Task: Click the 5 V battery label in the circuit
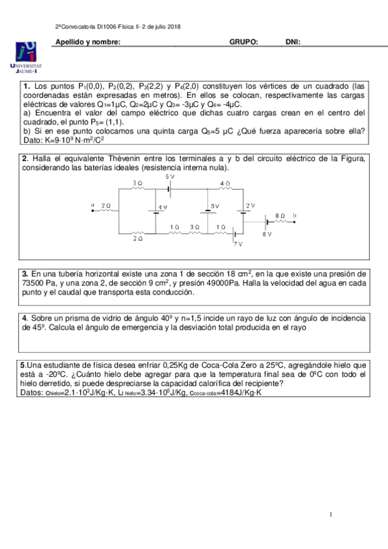(x=170, y=176)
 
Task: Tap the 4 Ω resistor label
(x=224, y=183)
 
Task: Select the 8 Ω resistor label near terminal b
(x=280, y=214)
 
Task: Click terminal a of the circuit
(x=93, y=205)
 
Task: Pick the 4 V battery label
(x=163, y=208)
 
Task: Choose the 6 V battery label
(x=267, y=234)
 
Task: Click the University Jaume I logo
(x=27, y=57)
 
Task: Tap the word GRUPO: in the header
(x=244, y=42)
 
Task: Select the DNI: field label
(x=293, y=42)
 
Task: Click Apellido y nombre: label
(x=88, y=42)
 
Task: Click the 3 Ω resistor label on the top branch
(x=137, y=183)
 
